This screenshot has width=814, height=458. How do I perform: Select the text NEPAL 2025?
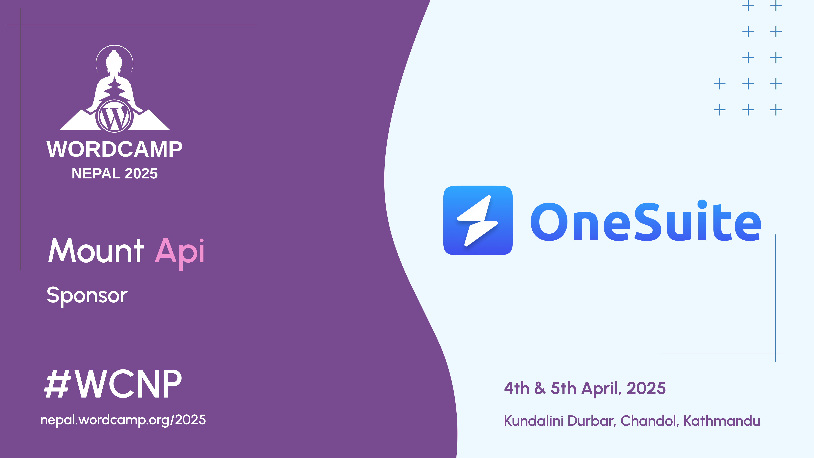[x=114, y=173]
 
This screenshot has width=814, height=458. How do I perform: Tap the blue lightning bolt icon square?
[x=478, y=220]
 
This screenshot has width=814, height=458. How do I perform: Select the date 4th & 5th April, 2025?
[x=585, y=388]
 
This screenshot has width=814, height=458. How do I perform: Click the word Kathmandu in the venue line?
[x=722, y=421]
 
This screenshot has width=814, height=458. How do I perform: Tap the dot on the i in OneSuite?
[x=702, y=205]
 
